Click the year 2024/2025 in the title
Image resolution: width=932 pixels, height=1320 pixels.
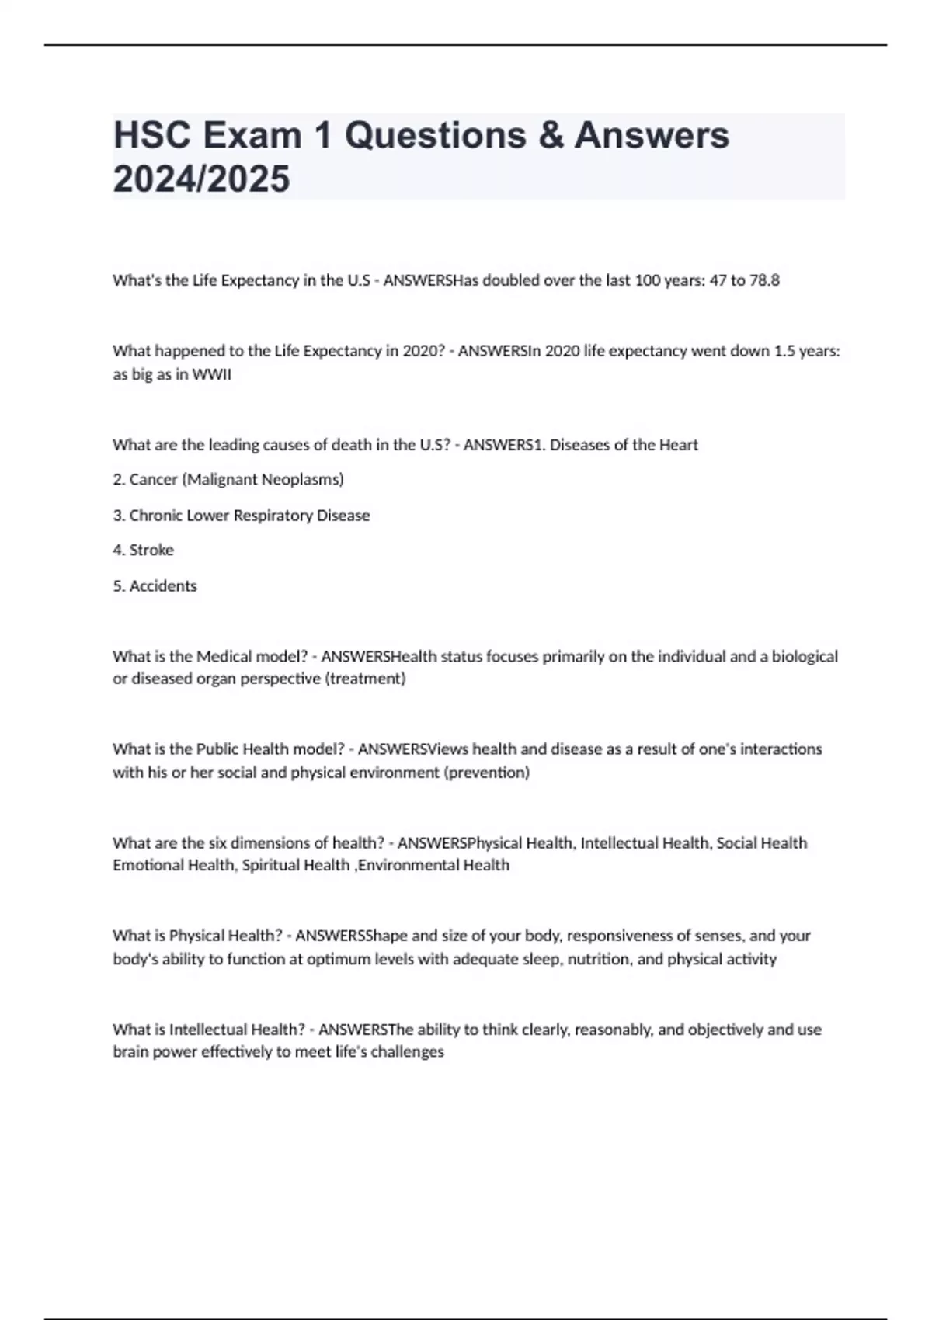point(201,179)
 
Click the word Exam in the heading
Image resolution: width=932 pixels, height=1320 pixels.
point(252,135)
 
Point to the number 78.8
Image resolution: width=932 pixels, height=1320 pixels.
point(764,280)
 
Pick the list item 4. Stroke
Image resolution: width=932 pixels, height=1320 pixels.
point(143,550)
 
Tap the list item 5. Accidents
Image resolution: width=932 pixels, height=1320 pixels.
point(155,586)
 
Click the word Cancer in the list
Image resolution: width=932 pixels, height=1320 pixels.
point(153,480)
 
